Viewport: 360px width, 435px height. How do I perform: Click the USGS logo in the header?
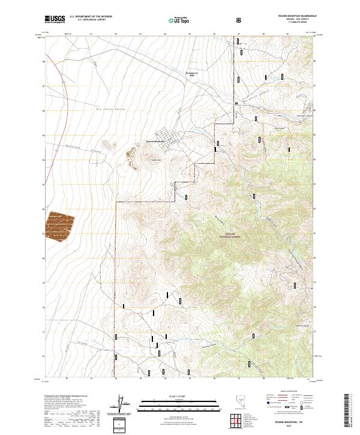coord(54,19)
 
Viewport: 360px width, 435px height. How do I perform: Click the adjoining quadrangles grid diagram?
coord(239,421)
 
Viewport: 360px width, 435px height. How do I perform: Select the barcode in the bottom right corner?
coord(352,412)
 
